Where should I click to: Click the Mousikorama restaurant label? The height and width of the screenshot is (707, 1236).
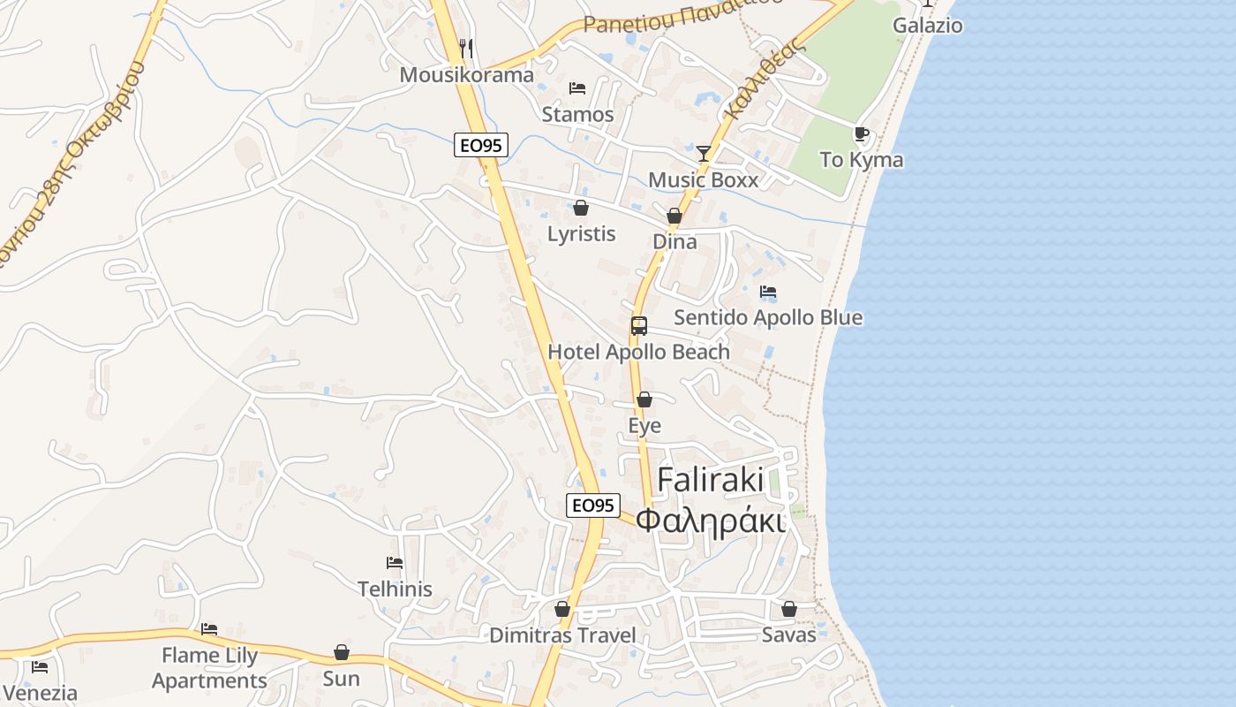pos(466,74)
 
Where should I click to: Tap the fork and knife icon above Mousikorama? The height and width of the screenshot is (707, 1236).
pos(466,48)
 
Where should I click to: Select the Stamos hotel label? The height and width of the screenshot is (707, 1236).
pos(577,114)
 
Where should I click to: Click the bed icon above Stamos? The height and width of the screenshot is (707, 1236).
pos(577,88)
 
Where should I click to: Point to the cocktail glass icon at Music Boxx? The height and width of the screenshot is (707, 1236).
pos(703,154)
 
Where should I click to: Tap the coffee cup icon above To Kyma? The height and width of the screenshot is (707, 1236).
pos(862,134)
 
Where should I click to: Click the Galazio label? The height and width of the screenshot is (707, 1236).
pos(927,25)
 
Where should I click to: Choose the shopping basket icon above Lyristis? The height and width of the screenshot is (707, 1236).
pos(581,208)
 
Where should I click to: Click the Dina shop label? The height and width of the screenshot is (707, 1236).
pos(675,241)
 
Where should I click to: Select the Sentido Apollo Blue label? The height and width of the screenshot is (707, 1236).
pos(768,317)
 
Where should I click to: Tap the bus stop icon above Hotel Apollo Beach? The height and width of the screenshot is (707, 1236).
pos(639,325)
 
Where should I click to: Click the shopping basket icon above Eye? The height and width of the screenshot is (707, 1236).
pos(644,399)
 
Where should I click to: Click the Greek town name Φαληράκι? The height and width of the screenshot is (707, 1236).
pos(710,521)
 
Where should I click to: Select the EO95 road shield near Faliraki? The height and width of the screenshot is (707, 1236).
pos(592,506)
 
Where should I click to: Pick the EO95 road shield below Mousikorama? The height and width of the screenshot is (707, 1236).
pos(481,145)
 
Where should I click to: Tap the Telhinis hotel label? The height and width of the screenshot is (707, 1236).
pos(395,589)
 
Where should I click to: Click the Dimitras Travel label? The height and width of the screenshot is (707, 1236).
pos(562,635)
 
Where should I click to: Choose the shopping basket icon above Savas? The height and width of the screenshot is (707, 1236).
pos(789,609)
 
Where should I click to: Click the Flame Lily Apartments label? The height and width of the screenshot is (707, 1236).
pos(209,668)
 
